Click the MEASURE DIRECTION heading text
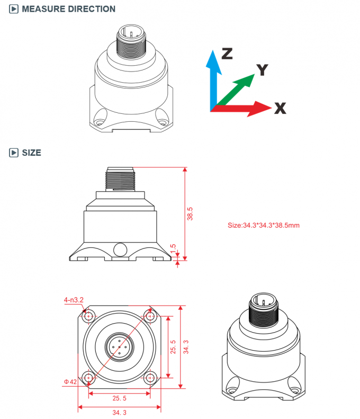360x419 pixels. tap(68, 9)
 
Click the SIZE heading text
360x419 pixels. tap(31, 153)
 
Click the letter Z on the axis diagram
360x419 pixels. tap(227, 53)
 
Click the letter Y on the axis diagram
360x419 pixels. tap(262, 69)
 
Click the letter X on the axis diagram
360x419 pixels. tap(280, 109)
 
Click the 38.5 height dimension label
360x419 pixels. tap(191, 213)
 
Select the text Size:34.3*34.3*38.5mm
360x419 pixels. tap(264, 225)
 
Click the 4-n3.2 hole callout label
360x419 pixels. tap(74, 300)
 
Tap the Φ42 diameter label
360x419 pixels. tap(70, 381)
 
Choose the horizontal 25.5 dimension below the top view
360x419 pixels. tap(119, 397)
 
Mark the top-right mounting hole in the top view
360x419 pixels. tap(150, 317)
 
